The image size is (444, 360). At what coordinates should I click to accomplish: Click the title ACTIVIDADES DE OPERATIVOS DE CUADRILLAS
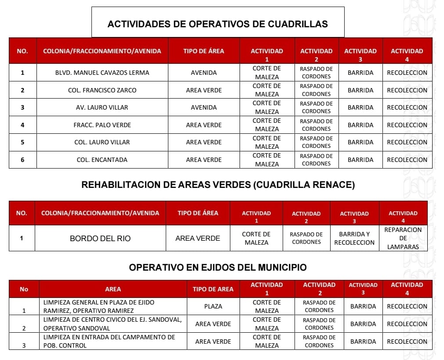point(218,24)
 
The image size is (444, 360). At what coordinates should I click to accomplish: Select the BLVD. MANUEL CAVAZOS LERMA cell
point(102,73)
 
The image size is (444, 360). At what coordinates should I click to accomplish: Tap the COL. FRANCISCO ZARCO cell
point(102,90)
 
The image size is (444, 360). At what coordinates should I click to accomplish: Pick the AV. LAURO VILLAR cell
point(102,107)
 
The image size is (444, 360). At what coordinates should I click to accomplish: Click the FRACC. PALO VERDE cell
point(102,125)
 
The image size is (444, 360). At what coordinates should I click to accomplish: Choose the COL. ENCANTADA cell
point(102,160)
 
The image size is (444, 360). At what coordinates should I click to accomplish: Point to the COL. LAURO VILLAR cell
point(102,142)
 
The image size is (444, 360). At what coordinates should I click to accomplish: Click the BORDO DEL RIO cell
point(100,239)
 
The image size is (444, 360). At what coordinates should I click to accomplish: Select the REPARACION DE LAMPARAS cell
point(403,238)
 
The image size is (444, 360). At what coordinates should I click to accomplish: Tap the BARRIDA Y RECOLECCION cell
point(354,238)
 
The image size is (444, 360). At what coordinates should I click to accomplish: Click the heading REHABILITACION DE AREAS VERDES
point(218,185)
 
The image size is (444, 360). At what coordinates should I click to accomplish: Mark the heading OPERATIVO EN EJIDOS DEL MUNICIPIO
point(218,267)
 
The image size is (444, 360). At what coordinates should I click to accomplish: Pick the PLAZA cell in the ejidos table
point(213,306)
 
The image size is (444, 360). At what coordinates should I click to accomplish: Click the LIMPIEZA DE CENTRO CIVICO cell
point(113,324)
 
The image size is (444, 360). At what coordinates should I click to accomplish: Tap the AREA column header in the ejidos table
point(113,289)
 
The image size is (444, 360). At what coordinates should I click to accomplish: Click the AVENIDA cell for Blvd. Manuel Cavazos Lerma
point(204,73)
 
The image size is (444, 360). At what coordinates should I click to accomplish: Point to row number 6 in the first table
point(22,160)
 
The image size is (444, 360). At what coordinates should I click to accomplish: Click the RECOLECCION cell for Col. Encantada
point(407,160)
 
